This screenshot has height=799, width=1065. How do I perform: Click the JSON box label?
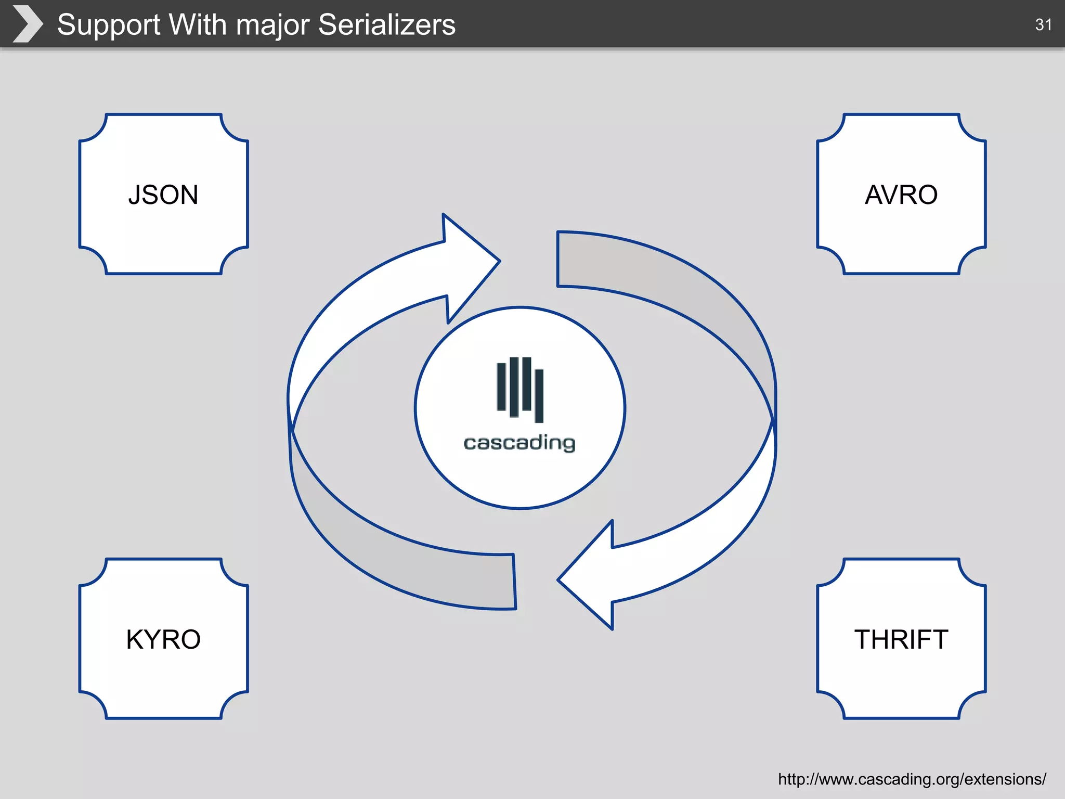(163, 195)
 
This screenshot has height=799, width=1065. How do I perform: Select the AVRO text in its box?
(901, 195)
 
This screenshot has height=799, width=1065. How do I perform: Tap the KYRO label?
(163, 639)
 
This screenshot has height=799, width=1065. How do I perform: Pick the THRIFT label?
(901, 639)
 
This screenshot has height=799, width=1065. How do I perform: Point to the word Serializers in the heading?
(386, 24)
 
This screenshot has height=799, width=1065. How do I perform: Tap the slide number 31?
(1043, 24)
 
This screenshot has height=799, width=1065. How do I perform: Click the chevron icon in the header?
(27, 24)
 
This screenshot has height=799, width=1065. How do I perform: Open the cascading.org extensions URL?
(912, 779)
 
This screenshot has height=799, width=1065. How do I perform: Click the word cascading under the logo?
(519, 443)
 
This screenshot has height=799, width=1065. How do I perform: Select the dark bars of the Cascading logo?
(520, 389)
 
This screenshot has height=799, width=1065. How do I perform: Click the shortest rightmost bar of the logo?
(539, 395)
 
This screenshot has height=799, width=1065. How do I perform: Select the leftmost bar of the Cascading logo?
(501, 386)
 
